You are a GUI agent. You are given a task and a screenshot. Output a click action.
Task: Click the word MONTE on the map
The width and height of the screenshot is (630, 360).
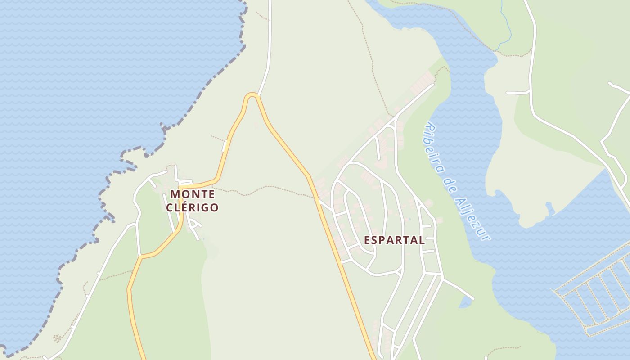[192, 194]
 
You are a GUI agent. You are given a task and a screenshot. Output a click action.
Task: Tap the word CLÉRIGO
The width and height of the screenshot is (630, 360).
[192, 207]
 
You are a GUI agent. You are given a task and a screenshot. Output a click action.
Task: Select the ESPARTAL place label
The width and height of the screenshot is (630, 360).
[394, 240]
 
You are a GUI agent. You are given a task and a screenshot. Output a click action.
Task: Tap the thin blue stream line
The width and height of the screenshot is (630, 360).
[507, 27]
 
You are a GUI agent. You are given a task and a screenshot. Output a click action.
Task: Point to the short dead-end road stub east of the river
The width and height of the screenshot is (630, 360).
[517, 93]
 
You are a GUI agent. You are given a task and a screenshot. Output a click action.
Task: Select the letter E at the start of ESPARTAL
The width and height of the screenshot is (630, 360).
[367, 240]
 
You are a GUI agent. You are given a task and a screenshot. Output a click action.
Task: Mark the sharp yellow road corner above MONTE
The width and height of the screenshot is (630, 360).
[180, 186]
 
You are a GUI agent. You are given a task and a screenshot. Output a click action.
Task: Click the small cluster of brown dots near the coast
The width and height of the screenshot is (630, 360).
[57, 337]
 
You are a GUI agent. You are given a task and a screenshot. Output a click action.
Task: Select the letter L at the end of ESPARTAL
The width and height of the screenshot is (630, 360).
[421, 240]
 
